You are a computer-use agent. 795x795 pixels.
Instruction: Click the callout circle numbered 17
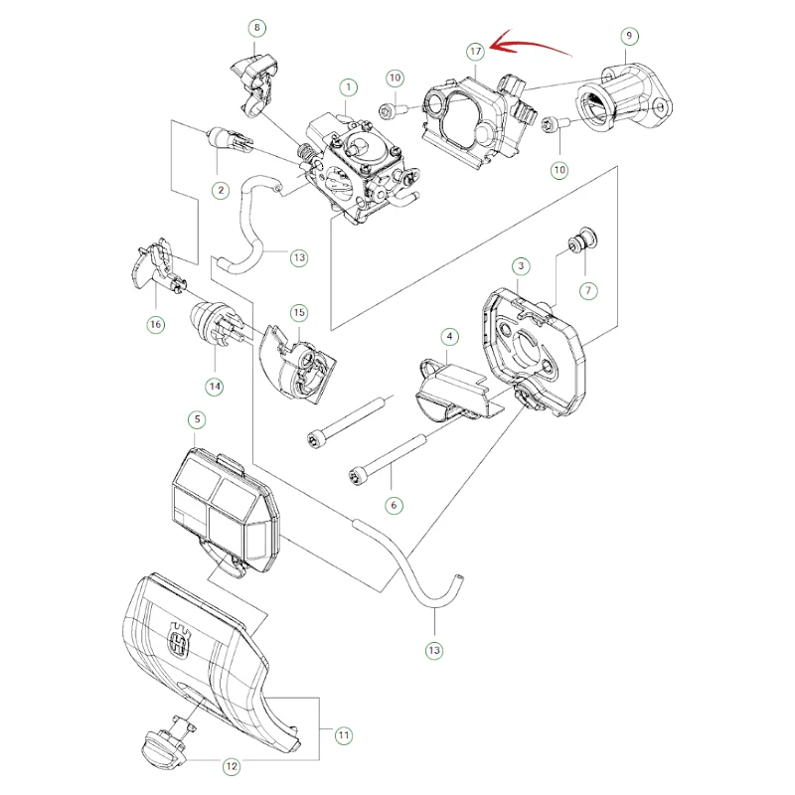click(475, 52)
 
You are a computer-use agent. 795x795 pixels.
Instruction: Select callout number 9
click(629, 36)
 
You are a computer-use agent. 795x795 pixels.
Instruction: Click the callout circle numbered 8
click(257, 28)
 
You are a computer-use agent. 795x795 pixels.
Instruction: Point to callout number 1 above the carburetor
click(348, 87)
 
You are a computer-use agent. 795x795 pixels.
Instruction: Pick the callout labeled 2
click(221, 190)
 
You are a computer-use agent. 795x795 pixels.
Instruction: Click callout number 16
click(156, 324)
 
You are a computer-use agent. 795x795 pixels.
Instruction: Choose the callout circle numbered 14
click(215, 387)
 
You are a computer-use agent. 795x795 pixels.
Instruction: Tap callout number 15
click(299, 312)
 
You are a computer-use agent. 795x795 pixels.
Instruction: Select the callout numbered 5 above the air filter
click(197, 419)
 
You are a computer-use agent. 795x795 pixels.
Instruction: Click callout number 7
click(588, 290)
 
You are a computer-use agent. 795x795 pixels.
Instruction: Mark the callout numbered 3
click(521, 266)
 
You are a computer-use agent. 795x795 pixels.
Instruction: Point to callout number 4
click(449, 336)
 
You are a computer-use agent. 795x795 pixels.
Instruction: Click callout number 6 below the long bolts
click(394, 505)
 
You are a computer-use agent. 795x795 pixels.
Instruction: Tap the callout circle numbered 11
click(344, 735)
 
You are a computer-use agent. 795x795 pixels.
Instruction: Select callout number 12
click(232, 766)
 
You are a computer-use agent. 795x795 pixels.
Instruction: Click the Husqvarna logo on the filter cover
click(181, 641)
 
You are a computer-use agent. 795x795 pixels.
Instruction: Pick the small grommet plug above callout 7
click(582, 239)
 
